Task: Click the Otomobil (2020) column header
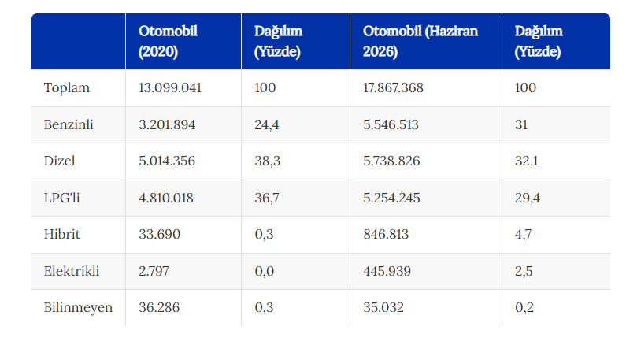click(x=168, y=42)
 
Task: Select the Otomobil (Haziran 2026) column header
click(x=420, y=42)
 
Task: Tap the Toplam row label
click(x=67, y=88)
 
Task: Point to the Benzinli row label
click(x=69, y=124)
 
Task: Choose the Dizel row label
click(x=60, y=161)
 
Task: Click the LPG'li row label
click(x=62, y=198)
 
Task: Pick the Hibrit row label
click(x=62, y=234)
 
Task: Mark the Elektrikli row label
click(x=72, y=271)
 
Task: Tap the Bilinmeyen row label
click(x=78, y=308)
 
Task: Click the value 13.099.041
click(x=170, y=88)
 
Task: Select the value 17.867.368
click(x=393, y=88)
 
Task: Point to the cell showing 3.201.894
click(x=167, y=124)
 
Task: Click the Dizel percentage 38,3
click(x=268, y=161)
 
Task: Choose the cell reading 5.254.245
click(x=391, y=198)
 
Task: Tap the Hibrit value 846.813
click(x=386, y=234)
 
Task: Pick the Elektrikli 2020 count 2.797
click(x=154, y=271)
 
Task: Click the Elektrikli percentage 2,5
click(x=524, y=271)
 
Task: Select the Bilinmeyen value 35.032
click(x=383, y=308)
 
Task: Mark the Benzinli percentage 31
click(x=521, y=124)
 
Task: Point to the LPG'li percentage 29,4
click(x=528, y=198)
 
